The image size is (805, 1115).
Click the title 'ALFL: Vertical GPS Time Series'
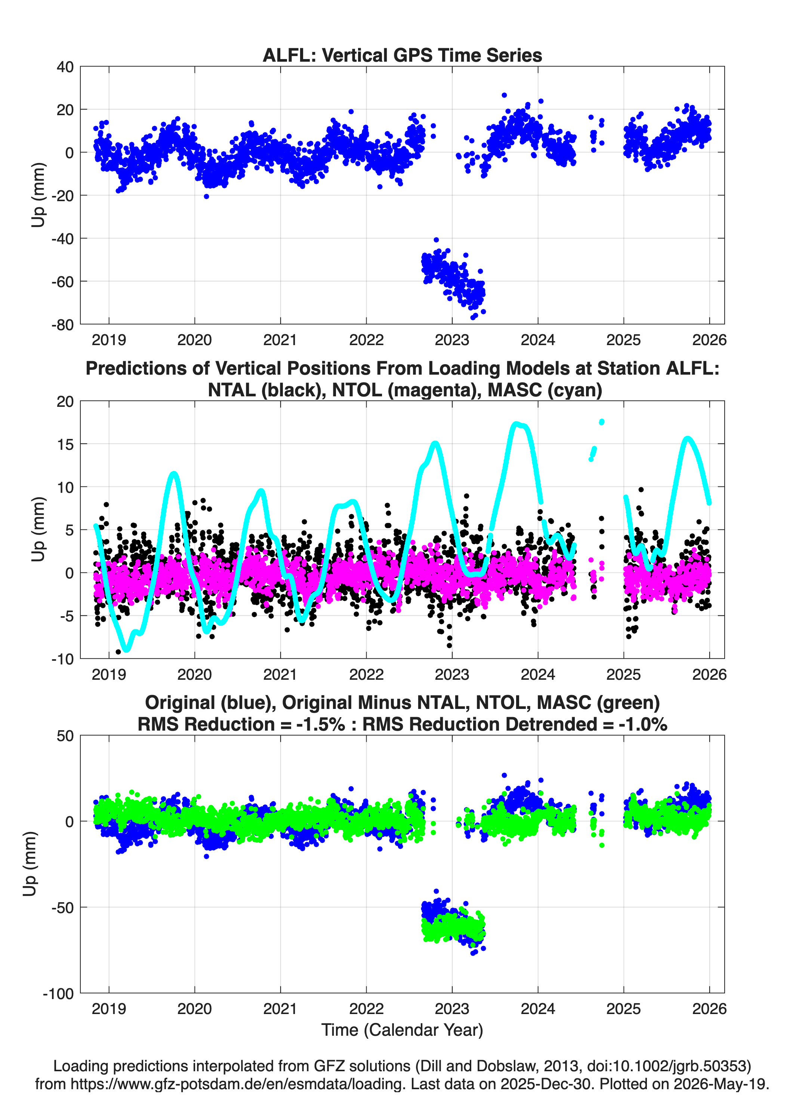(402, 55)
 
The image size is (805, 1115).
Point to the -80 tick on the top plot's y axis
(62, 325)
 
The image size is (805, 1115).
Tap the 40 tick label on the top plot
(65, 67)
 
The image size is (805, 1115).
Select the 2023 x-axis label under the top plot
(452, 340)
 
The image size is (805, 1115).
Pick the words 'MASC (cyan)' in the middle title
(545, 390)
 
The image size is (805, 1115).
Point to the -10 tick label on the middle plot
(62, 659)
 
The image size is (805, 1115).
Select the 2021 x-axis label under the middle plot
(280, 674)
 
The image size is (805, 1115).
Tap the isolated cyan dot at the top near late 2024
(602, 422)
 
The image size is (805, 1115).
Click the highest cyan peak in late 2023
(515, 423)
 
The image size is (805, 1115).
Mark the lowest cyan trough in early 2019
(127, 649)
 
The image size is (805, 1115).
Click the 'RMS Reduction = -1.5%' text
(241, 724)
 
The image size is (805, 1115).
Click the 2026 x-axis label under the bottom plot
(709, 1008)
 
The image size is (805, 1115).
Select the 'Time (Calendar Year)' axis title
(402, 1029)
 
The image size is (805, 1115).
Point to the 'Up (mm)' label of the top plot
(38, 195)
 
